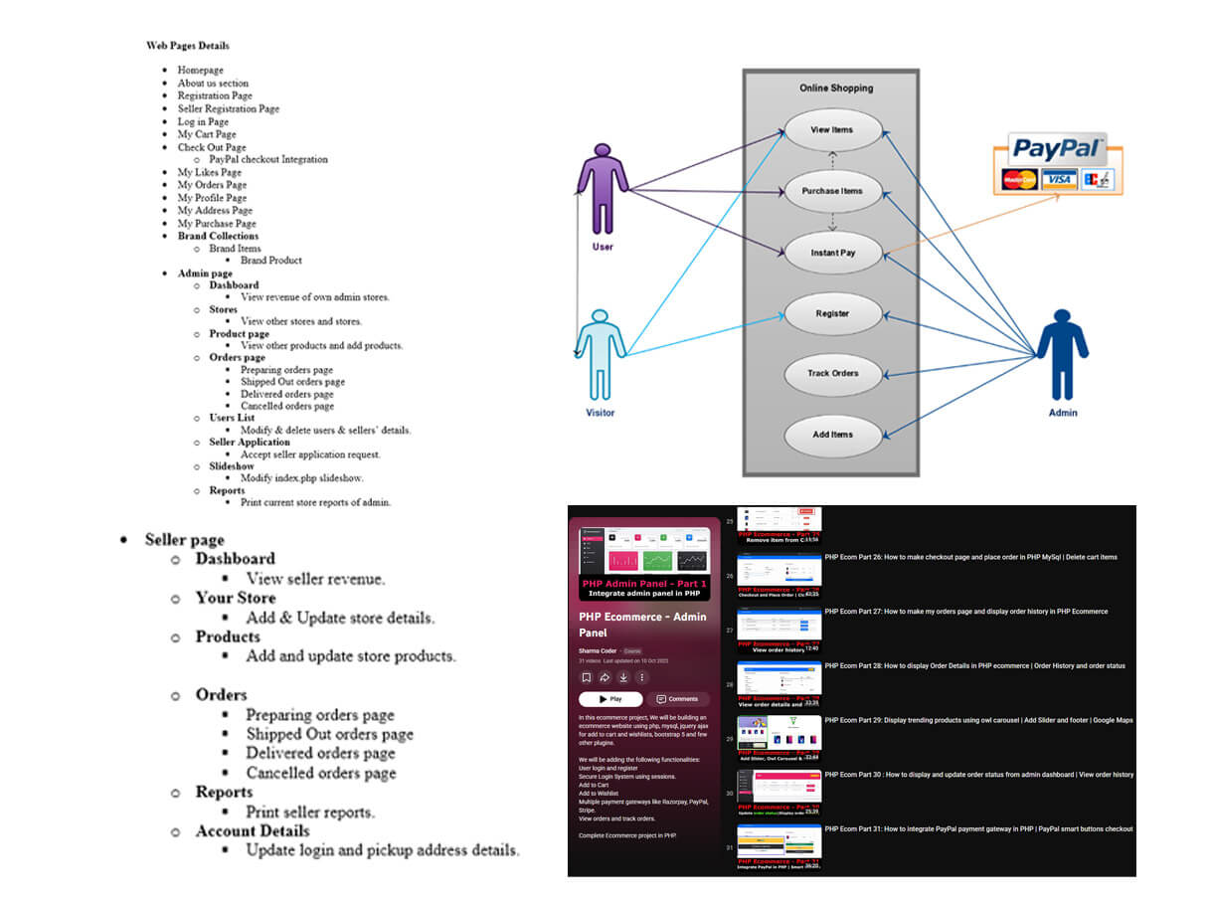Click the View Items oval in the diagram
coord(833,129)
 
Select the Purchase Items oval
coord(833,191)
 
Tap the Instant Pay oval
coord(833,253)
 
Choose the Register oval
coord(833,313)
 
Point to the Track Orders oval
coord(833,374)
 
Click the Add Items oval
coord(833,435)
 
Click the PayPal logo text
coord(1057,150)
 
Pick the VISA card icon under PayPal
coord(1059,179)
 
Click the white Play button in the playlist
coord(610,699)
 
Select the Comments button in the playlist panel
coord(678,699)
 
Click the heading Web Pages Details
coord(188,46)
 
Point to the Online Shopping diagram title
coord(836,89)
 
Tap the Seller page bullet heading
coord(184,540)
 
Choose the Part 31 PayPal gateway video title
coord(978,828)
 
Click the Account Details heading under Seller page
coord(253,831)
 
